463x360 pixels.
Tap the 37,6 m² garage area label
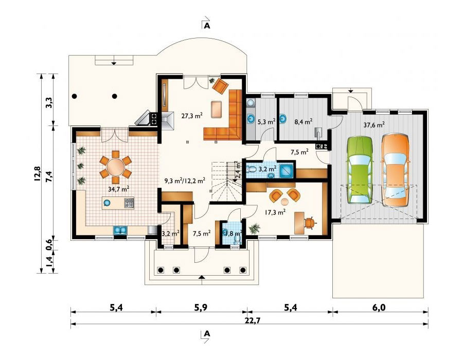tap(374, 124)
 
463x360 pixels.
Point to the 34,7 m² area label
tap(118, 189)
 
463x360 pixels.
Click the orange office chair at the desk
tap(309, 222)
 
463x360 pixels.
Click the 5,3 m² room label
tap(265, 121)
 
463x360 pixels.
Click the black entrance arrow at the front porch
tap(202, 277)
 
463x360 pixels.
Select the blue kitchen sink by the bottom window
tap(119, 230)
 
